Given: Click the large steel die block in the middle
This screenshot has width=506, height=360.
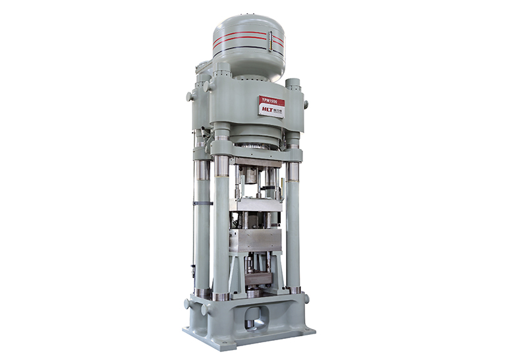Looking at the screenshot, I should point(255,240).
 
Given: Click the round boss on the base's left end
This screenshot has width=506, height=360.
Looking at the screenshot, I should point(188,304).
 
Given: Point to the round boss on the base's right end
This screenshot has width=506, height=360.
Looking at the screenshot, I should point(307,299).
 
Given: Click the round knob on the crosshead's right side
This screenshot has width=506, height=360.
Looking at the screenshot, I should point(306,104).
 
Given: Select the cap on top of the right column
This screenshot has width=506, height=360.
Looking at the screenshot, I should point(293,83).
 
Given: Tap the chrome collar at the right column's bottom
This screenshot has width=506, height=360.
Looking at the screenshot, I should point(293,289).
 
